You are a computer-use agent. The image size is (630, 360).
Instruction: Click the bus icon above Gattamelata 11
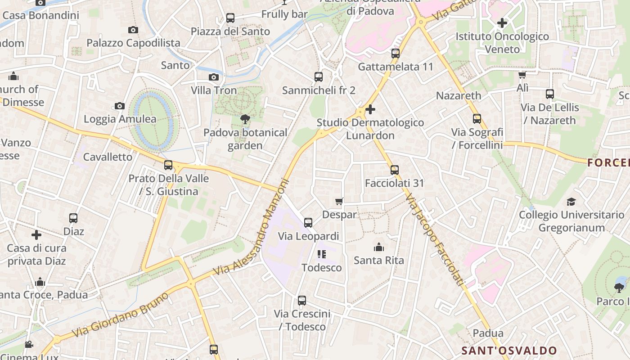tap(396, 54)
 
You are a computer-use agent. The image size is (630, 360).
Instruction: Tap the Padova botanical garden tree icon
tap(245, 119)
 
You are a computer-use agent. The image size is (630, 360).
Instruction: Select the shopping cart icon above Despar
tap(339, 201)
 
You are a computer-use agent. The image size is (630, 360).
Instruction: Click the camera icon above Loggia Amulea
tap(120, 106)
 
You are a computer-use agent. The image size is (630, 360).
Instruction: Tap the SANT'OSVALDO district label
tap(509, 351)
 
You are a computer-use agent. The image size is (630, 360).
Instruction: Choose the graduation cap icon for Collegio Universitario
tap(571, 202)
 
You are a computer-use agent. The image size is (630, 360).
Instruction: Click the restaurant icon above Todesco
tap(321, 254)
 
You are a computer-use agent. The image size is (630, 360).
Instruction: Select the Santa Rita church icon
tap(379, 247)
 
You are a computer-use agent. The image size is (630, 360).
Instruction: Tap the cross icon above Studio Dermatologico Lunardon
tap(370, 109)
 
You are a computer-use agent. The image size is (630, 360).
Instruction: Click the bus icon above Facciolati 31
tap(395, 170)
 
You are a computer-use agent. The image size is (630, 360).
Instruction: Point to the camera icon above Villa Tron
tap(214, 77)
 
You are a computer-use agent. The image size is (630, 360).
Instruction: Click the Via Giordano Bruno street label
tap(122, 315)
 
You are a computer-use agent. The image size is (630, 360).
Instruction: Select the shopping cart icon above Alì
tap(522, 75)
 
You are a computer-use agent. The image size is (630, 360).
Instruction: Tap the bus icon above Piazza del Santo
tap(230, 18)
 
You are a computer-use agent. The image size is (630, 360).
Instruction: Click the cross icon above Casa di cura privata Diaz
tap(36, 234)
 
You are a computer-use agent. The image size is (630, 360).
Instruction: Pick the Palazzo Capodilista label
tap(133, 43)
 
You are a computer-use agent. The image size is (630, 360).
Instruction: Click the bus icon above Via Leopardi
tap(308, 222)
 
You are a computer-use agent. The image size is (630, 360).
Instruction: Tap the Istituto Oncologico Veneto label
tap(503, 43)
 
